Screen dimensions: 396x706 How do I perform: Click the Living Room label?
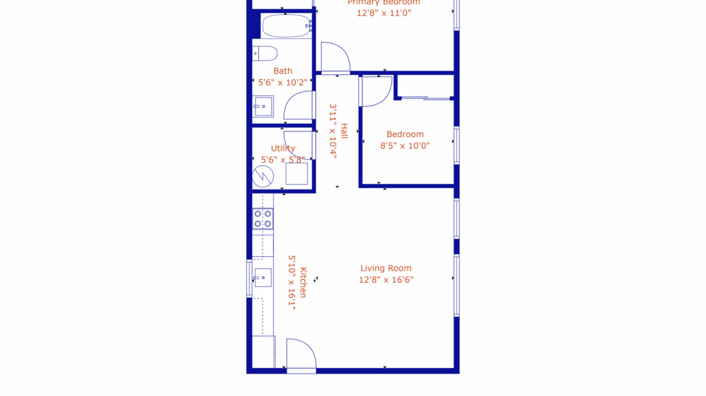click(x=385, y=268)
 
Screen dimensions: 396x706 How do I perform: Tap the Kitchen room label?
click(x=303, y=283)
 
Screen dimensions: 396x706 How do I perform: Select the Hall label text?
click(x=344, y=131)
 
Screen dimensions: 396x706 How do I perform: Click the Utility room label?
click(x=283, y=149)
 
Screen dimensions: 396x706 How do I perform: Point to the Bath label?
click(x=283, y=71)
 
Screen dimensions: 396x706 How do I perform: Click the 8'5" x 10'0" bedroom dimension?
click(x=405, y=146)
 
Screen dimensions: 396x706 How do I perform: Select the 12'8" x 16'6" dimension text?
click(x=385, y=280)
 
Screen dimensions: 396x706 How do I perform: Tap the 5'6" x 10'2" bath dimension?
click(x=283, y=82)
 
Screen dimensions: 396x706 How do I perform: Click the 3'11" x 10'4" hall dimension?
click(x=332, y=130)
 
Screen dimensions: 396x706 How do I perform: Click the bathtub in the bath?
click(x=286, y=26)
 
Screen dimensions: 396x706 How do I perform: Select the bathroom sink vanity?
click(x=263, y=106)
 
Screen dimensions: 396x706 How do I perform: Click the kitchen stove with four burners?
click(x=263, y=219)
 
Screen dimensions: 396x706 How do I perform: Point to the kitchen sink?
click(x=263, y=278)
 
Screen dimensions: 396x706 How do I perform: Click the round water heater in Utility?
click(x=263, y=176)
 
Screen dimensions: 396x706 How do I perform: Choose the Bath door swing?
click(x=300, y=106)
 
